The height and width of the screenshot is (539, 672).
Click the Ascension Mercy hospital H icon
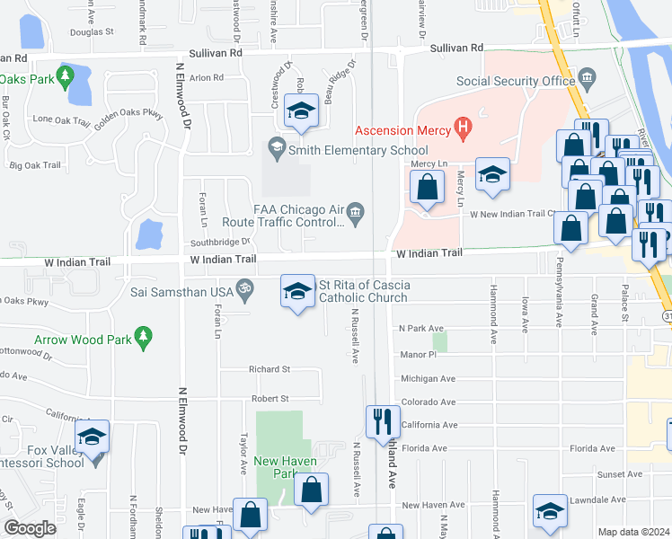[464, 129]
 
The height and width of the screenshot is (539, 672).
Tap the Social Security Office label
[515, 81]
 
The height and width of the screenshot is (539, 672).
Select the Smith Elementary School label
[358, 150]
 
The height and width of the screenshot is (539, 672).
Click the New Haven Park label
[275, 467]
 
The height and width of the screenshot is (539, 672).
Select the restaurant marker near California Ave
[383, 422]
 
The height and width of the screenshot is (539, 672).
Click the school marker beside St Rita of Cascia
[298, 291]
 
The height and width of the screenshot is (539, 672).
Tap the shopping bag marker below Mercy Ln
[427, 189]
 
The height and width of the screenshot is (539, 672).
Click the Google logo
[30, 528]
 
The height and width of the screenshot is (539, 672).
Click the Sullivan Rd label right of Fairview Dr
[455, 48]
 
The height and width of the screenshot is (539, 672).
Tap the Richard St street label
[270, 369]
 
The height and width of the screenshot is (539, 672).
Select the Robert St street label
[270, 398]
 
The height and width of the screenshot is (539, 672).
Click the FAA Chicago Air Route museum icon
[356, 212]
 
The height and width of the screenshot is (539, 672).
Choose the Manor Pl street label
[418, 355]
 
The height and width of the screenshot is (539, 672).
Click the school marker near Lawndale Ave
[550, 510]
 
